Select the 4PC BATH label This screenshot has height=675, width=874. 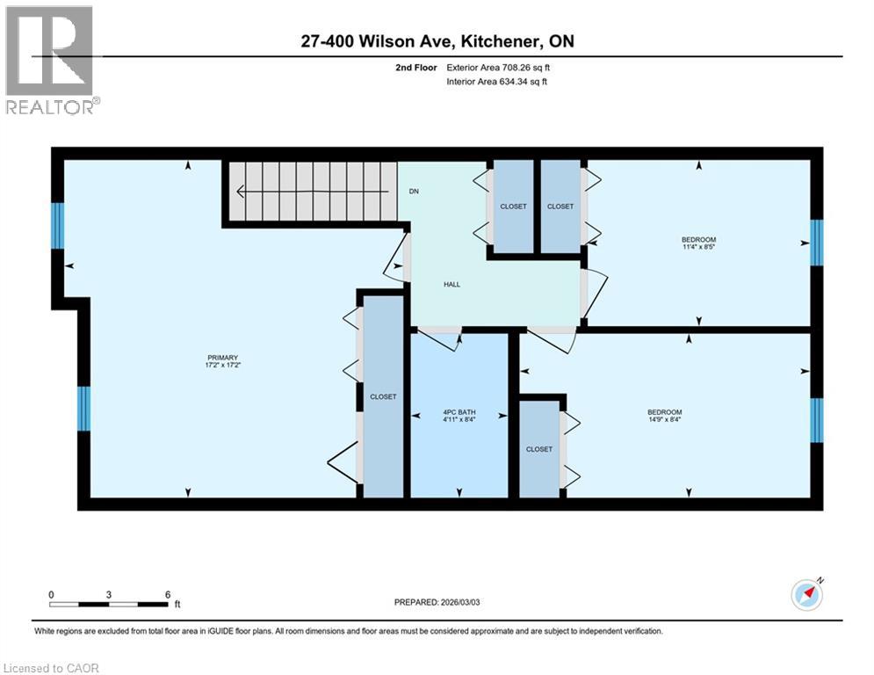pos(459,410)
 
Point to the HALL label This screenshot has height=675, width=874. pos(451,284)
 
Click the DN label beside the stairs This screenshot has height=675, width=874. pos(413,192)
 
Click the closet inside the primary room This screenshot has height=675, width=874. pos(383,396)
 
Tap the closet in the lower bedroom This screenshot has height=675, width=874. pos(539,448)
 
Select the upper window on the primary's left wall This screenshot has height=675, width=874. pos(58,226)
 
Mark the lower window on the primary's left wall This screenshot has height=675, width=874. pos(83,409)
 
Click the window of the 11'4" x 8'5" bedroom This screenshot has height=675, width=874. pos(816,243)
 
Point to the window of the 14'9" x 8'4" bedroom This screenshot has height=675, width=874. pos(816,419)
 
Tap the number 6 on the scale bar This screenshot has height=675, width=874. pos(167,594)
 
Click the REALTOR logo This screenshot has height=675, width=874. pos(51,60)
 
